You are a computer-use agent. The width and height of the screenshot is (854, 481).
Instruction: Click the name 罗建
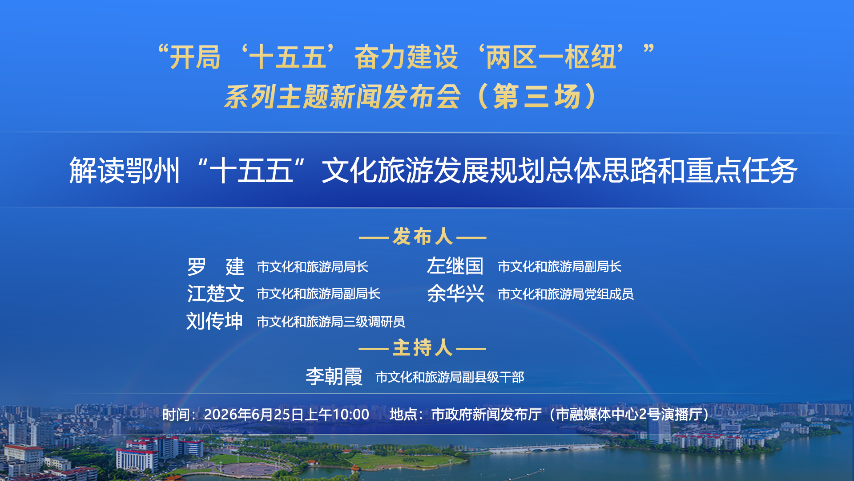click(x=216, y=267)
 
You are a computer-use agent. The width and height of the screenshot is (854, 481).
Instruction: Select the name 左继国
click(x=455, y=266)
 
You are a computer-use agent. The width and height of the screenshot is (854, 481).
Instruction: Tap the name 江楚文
click(x=215, y=294)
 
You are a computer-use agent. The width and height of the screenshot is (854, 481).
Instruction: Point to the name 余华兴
click(x=455, y=294)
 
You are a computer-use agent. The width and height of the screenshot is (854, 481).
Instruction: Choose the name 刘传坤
click(x=215, y=321)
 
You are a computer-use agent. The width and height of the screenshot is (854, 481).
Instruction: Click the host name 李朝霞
click(x=334, y=377)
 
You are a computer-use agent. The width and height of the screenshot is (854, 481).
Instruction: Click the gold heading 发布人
click(x=423, y=236)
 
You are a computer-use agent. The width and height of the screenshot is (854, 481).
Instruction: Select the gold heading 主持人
click(x=423, y=348)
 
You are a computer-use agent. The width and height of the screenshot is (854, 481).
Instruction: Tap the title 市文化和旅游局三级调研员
click(x=331, y=322)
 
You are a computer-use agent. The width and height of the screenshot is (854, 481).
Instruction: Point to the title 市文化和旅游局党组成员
click(x=566, y=294)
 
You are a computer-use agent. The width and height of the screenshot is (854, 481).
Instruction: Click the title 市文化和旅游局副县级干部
click(x=450, y=377)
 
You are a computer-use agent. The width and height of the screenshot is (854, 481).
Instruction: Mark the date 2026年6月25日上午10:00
click(x=286, y=415)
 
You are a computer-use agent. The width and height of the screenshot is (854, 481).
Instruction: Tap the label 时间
click(x=176, y=415)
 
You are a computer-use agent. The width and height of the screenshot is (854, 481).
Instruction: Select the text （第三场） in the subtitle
click(x=537, y=97)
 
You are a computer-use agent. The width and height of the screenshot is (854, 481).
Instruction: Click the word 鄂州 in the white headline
click(x=153, y=171)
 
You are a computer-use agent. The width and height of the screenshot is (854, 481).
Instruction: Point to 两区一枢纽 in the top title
click(x=551, y=57)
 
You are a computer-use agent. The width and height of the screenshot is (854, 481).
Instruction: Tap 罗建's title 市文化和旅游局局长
click(x=313, y=267)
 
